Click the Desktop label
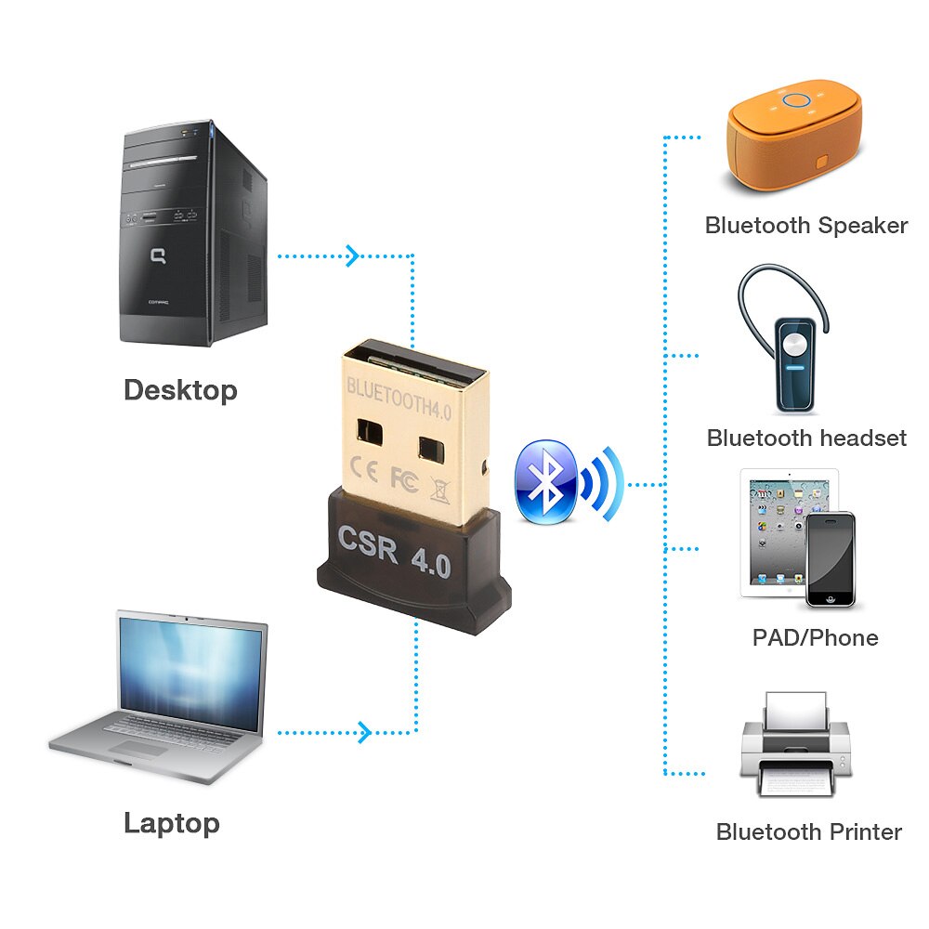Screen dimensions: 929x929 pyautogui.click(x=180, y=390)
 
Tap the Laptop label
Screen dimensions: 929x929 pyautogui.click(x=172, y=823)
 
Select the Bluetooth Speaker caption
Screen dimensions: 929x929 pyautogui.click(x=805, y=226)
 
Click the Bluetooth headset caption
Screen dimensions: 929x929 pyautogui.click(x=806, y=438)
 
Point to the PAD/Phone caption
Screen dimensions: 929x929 pyautogui.click(x=815, y=637)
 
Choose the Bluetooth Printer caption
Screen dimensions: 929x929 pyautogui.click(x=808, y=831)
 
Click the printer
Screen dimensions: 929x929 pyautogui.click(x=795, y=743)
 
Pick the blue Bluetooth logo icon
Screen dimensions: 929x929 pyautogui.click(x=546, y=481)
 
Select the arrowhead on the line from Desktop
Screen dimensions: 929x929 pyautogui.click(x=352, y=255)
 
